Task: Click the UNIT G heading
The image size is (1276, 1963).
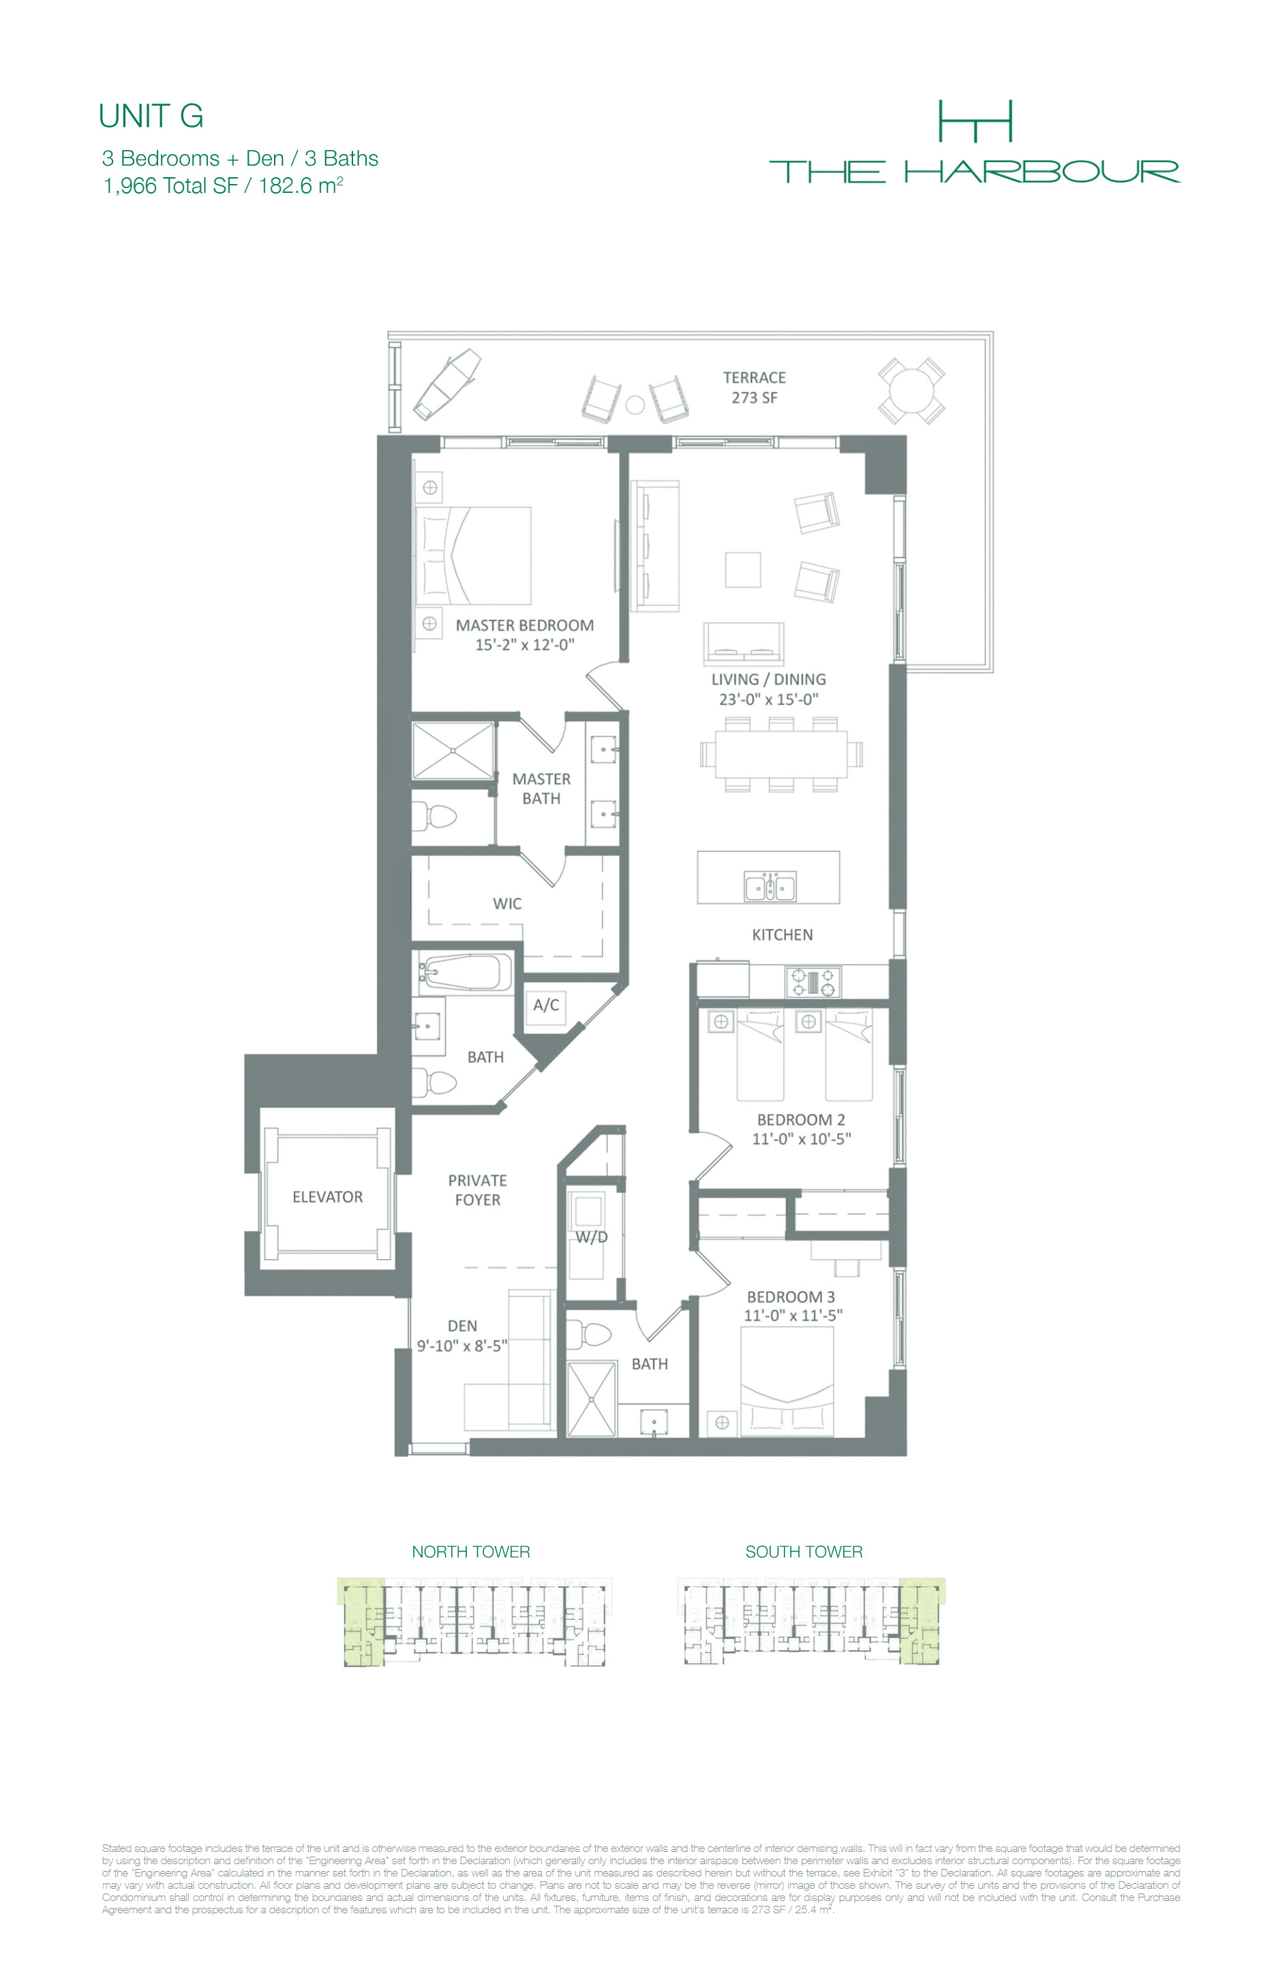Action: tap(151, 117)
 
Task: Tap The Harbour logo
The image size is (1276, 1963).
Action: tap(974, 141)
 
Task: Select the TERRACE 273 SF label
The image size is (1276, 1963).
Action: tap(754, 388)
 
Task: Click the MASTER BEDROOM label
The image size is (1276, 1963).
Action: tap(525, 625)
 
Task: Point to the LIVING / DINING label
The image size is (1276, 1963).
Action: tap(768, 680)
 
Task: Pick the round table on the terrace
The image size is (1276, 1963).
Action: tap(911, 391)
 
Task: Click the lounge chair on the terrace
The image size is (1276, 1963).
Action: tap(447, 384)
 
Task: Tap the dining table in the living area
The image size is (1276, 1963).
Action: tap(781, 754)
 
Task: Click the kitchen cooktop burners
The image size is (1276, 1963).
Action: tap(812, 982)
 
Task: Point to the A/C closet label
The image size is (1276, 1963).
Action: tap(546, 1005)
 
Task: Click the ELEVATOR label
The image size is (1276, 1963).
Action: tap(327, 1197)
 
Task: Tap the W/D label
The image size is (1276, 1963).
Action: tap(592, 1237)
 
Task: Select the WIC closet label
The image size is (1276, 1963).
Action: tap(507, 904)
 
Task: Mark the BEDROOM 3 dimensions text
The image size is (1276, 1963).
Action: tap(793, 1315)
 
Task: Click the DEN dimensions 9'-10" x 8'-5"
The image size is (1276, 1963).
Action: tap(462, 1346)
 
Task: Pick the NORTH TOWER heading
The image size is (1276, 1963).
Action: tap(471, 1551)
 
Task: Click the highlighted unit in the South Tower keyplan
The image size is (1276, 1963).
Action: tap(920, 1620)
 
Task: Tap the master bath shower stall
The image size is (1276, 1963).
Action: tap(453, 750)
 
